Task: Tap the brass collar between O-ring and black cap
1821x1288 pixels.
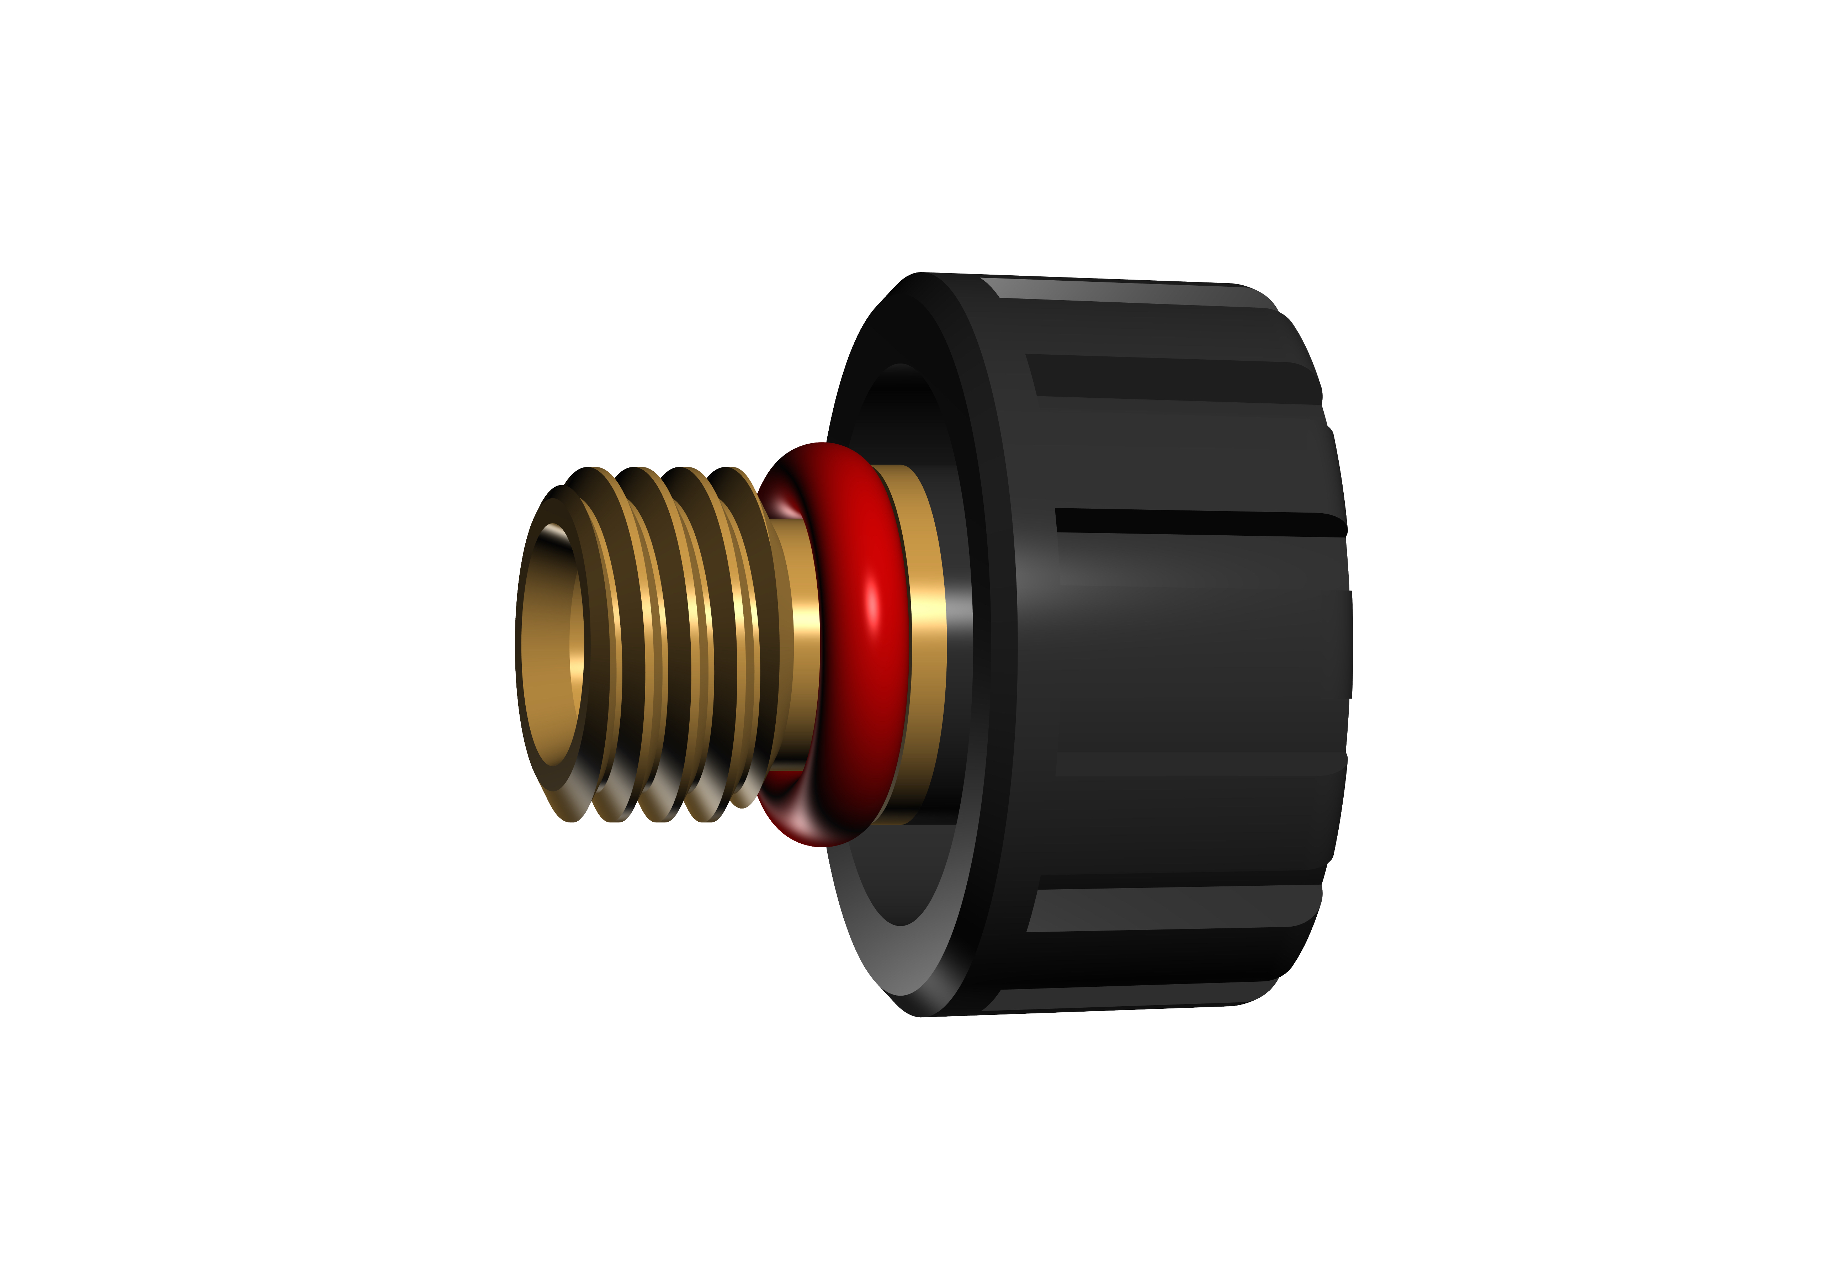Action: [x=928, y=642]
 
